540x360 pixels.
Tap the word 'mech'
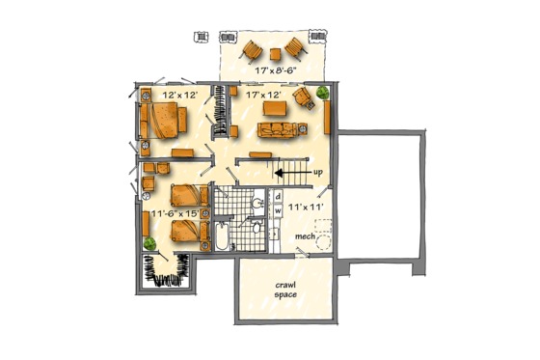click(306, 235)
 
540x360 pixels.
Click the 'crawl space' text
click(284, 291)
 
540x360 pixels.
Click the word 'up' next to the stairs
click(317, 172)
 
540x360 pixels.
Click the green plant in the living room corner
click(320, 93)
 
